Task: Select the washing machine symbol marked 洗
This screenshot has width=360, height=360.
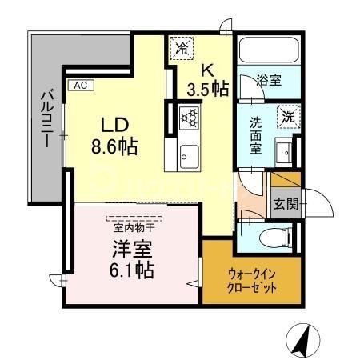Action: [x=289, y=116]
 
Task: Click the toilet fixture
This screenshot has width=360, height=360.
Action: [x=272, y=238]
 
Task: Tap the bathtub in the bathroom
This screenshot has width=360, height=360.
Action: [x=268, y=53]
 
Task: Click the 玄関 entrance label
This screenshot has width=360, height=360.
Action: [x=286, y=203]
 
